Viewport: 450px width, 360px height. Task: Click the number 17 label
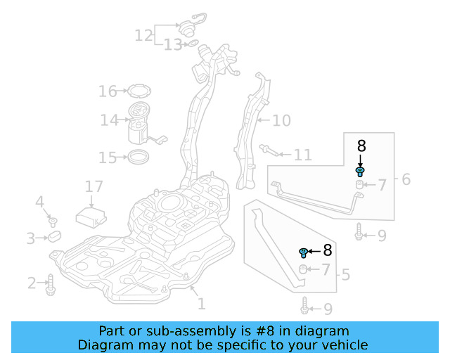point(94,187)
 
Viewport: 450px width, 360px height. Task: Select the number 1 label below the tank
point(201,304)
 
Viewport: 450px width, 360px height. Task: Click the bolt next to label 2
point(51,283)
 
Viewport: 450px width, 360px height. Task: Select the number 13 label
point(172,45)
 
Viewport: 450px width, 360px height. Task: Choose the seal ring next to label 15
point(139,156)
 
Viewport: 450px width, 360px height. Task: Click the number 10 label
point(281,121)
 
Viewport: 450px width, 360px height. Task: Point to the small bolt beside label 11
point(268,149)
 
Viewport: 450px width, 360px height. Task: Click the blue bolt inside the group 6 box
point(360,171)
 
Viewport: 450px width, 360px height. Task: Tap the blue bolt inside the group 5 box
point(304,252)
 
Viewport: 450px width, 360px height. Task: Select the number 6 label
point(406,179)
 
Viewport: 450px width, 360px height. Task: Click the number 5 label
point(345,274)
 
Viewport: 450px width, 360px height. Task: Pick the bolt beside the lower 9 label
point(304,307)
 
